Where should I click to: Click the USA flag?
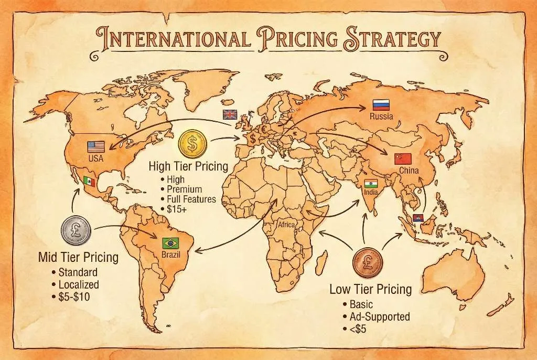click(x=96, y=147)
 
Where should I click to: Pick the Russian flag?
click(x=381, y=104)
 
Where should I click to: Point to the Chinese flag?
click(x=403, y=159)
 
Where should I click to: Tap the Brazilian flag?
click(x=170, y=243)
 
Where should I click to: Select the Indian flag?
click(x=371, y=184)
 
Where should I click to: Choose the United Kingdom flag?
click(x=230, y=114)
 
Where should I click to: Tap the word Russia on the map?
click(x=381, y=117)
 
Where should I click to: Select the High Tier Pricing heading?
click(x=188, y=167)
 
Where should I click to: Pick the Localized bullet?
click(x=79, y=284)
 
